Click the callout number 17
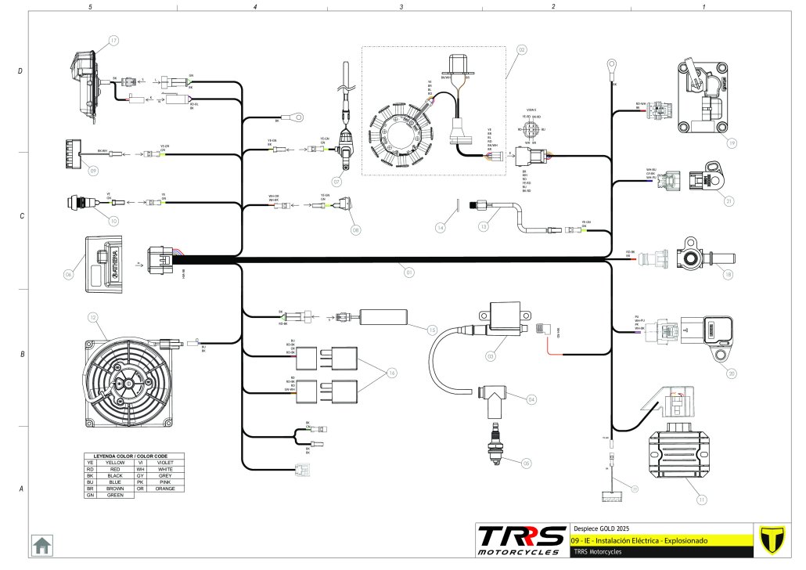coord(113,41)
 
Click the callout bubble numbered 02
coord(521,49)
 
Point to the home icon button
coord(41,544)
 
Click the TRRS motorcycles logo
coord(521,540)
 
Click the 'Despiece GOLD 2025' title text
coord(597,528)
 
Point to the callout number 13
coord(484,226)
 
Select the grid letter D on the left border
coord(20,71)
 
